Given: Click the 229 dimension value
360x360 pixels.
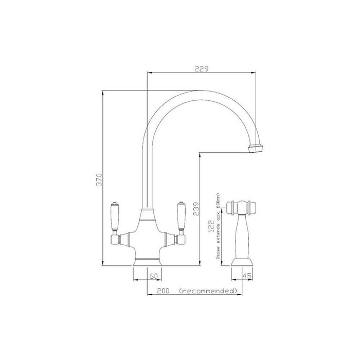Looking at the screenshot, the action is (x=202, y=68).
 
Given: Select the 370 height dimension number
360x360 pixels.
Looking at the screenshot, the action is (x=99, y=179).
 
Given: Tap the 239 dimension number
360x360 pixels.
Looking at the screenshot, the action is (x=195, y=209).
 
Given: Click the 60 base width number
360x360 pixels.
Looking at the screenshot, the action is (x=154, y=276).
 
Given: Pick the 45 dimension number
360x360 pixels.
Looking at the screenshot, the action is (x=247, y=276).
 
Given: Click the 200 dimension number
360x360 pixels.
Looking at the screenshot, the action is (x=163, y=291).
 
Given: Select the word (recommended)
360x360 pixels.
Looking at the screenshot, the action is (x=208, y=291).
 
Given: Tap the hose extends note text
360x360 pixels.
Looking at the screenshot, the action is (x=218, y=226).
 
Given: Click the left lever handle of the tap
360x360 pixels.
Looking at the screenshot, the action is (x=115, y=217).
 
